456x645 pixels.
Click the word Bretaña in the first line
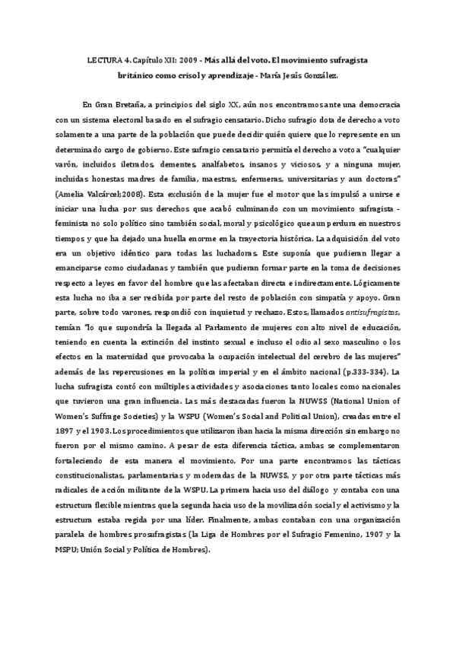(133, 103)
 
